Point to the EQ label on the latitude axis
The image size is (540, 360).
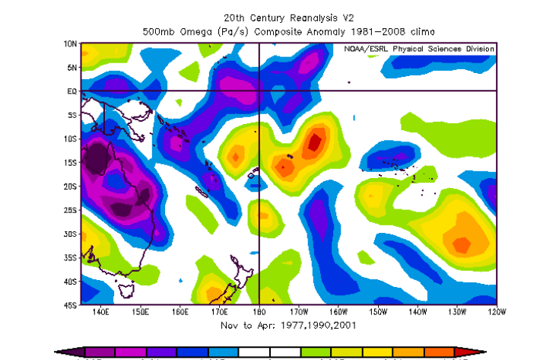(71, 91)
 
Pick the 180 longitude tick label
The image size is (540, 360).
(259, 311)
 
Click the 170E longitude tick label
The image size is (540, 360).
(219, 311)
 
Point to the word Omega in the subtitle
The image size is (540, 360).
(204, 30)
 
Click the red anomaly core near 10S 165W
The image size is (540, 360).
(314, 142)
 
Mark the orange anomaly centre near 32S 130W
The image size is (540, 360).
(461, 244)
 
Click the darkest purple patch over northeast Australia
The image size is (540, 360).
(97, 160)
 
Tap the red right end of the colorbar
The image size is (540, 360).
(475, 352)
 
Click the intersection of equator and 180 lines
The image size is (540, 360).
(259, 91)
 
